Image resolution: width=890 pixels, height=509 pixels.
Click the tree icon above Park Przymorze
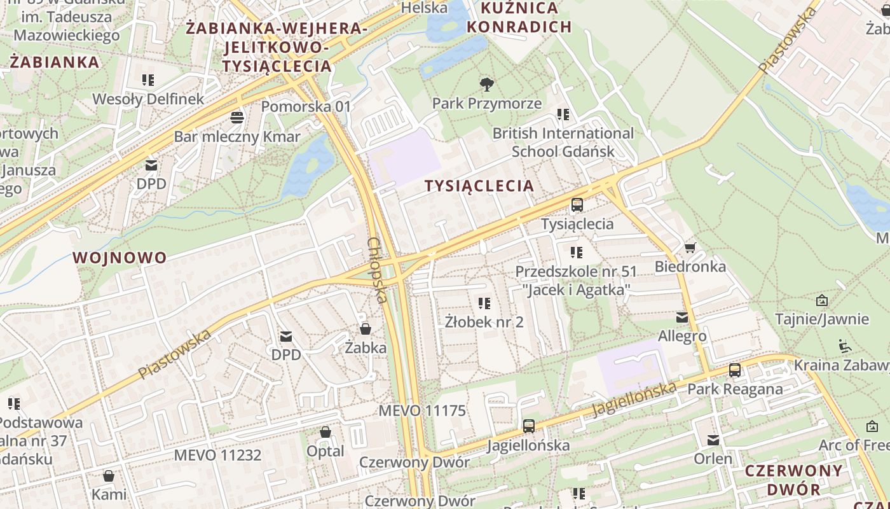487,84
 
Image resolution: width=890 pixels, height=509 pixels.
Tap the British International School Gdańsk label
563,142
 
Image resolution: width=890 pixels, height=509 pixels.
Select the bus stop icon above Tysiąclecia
577,205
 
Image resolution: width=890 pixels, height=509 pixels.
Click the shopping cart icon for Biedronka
690,248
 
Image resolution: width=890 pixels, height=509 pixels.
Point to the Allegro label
682,336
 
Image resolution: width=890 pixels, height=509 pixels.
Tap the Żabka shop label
366,347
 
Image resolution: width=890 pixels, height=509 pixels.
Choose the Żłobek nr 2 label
484,321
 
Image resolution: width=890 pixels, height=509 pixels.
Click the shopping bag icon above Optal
325,433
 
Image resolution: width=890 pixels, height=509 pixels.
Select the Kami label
109,494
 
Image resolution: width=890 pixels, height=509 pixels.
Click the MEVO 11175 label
422,410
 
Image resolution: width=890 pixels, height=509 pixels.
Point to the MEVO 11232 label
217,455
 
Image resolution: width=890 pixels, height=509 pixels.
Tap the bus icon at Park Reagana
735,370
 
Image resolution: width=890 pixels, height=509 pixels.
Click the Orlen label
713,459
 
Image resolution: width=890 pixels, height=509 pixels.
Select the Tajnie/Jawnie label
822,319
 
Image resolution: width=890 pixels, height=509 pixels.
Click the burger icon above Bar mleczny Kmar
237,118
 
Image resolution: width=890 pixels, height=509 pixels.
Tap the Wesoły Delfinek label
149,99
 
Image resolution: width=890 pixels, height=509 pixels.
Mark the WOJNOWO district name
120,258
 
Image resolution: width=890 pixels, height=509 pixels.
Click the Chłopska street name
378,270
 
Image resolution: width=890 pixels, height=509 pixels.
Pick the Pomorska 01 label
306,106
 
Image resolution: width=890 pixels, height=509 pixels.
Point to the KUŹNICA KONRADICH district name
526,17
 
